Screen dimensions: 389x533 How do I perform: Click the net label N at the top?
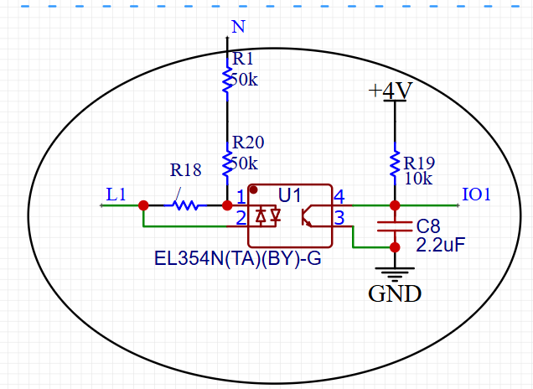point(238,26)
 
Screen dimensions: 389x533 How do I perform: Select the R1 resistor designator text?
point(242,60)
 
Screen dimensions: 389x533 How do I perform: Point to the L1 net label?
point(116,194)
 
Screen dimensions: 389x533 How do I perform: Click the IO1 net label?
point(476,194)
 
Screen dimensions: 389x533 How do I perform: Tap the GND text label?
point(395,294)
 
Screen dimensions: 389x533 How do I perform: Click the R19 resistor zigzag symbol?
point(395,164)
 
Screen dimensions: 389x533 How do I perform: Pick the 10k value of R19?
point(417,178)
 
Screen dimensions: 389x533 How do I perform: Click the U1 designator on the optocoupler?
point(290,195)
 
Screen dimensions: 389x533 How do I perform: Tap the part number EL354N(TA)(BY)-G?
point(238,257)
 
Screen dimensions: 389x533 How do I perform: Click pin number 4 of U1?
point(339,197)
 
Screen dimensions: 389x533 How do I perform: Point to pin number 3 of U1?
point(339,219)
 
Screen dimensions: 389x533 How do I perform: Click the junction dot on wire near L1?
point(143,205)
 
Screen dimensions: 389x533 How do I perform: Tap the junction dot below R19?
point(395,205)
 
